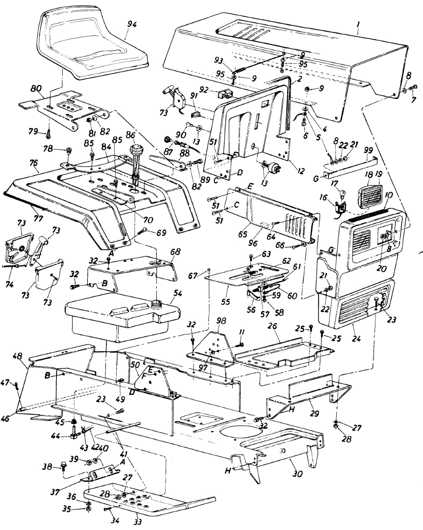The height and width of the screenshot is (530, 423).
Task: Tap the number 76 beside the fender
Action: click(x=34, y=163)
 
